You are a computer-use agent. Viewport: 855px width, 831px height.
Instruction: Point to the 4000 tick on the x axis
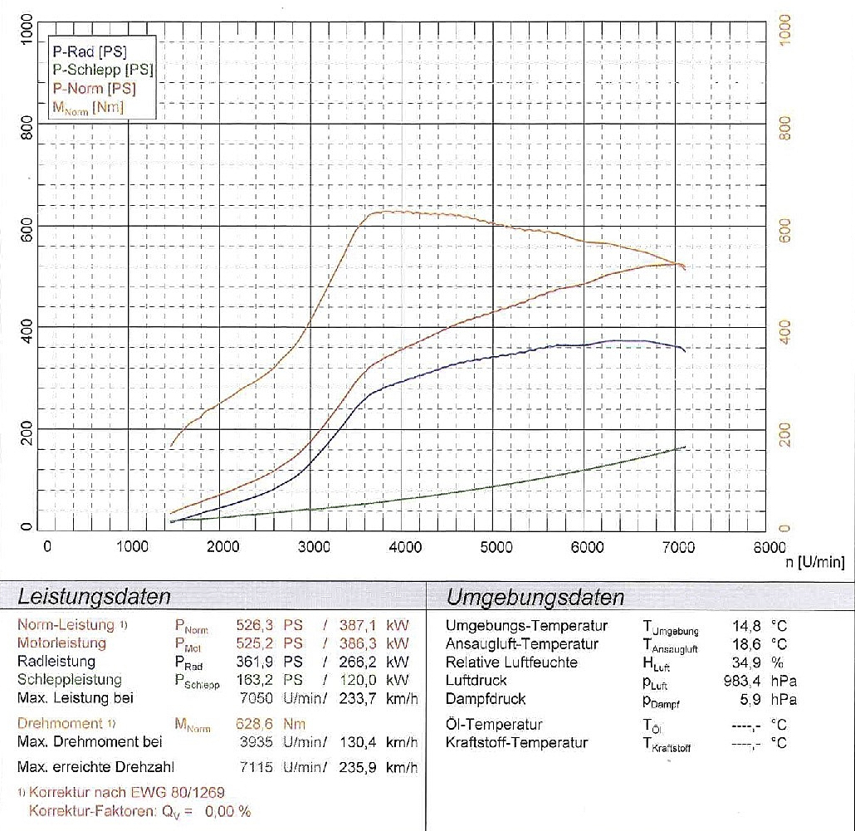(405, 546)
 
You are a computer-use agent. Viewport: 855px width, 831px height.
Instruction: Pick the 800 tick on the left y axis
(27, 125)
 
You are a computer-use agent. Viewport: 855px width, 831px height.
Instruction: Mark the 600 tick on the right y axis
(786, 227)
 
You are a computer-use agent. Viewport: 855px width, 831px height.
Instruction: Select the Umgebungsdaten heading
(535, 597)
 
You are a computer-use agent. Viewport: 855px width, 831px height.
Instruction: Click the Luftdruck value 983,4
(744, 681)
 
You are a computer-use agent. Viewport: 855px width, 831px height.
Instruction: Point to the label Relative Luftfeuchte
(511, 662)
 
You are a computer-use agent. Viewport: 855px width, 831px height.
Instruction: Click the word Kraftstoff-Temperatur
(516, 742)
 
